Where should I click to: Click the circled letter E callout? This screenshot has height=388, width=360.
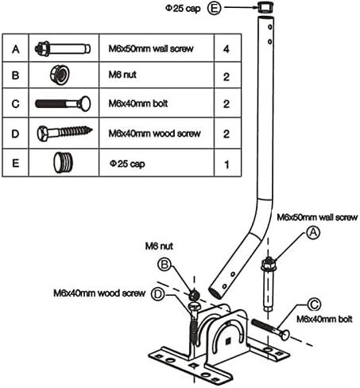[x=214, y=8]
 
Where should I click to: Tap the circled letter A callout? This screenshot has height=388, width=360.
[x=313, y=232]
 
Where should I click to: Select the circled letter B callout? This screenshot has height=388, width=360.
[x=165, y=264]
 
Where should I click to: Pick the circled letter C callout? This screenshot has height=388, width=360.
[x=314, y=305]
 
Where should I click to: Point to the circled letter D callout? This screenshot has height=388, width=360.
[x=157, y=294]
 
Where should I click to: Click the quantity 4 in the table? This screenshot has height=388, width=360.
[x=226, y=49]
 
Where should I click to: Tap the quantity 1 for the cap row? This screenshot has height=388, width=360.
[x=226, y=165]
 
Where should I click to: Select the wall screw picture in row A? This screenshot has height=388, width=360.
[x=63, y=48]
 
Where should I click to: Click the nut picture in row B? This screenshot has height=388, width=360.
[x=60, y=74]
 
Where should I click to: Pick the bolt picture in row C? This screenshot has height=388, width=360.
[x=63, y=103]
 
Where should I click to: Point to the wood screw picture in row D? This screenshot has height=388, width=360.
[x=64, y=133]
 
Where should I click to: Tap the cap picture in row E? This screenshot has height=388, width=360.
[x=63, y=162]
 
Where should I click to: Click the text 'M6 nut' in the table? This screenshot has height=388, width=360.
[x=122, y=75]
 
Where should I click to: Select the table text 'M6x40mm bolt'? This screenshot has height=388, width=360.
[x=138, y=103]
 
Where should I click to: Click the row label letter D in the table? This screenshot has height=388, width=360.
[x=15, y=134]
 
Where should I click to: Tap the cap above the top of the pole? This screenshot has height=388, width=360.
[x=265, y=6]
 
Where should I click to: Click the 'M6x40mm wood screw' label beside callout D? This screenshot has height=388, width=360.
[x=99, y=293]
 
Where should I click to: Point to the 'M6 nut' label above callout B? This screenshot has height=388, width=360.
[x=159, y=246]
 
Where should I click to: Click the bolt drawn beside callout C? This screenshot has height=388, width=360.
[x=269, y=329]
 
